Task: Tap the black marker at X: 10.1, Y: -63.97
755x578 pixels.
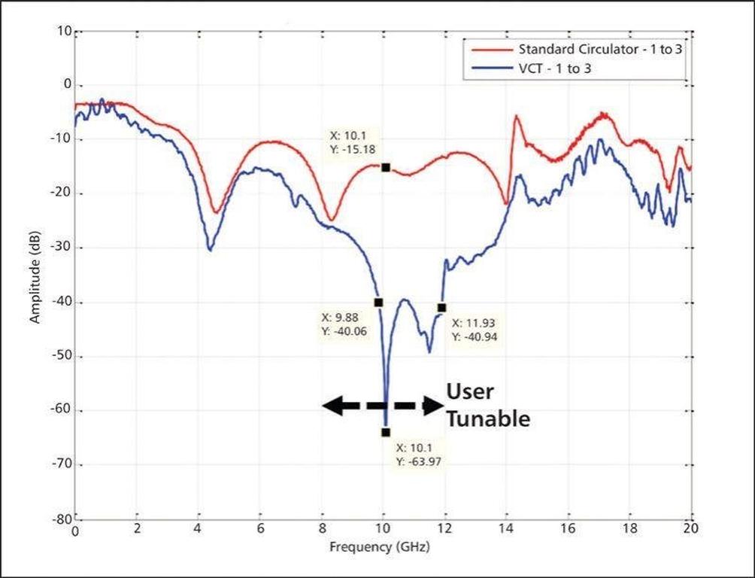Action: click(386, 432)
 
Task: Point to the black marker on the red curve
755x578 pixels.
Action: click(386, 167)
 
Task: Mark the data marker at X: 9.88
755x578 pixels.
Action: click(378, 302)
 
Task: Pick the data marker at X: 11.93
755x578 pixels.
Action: click(442, 307)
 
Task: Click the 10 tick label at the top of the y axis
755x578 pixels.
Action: click(62, 32)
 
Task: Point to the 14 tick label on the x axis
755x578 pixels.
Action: click(507, 530)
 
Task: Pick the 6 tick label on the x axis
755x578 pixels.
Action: click(260, 530)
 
